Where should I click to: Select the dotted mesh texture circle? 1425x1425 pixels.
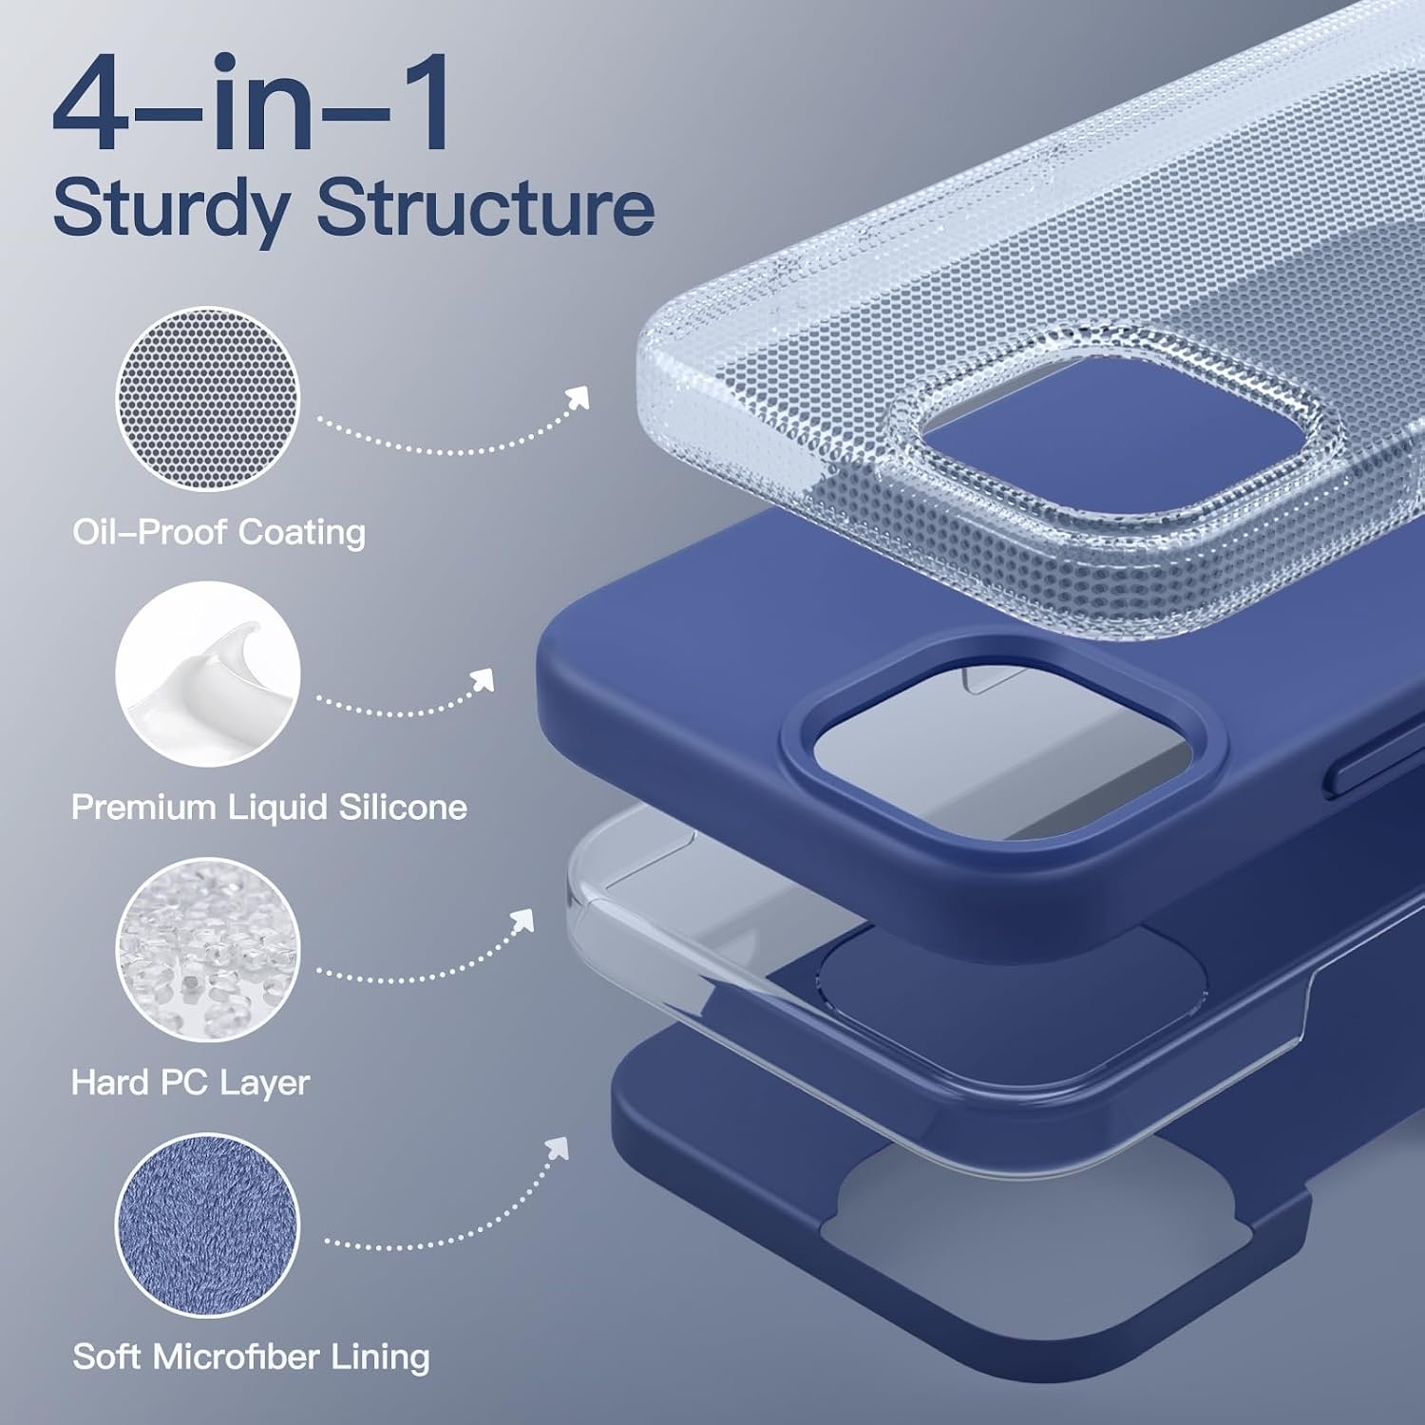click(x=208, y=399)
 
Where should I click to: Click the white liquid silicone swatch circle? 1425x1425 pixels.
click(x=208, y=674)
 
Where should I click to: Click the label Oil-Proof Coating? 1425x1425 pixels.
click(x=218, y=532)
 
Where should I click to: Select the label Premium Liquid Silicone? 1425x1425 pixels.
click(x=269, y=807)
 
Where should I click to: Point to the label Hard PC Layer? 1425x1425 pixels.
click(x=190, y=1083)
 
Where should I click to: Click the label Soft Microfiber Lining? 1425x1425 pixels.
click(x=251, y=1357)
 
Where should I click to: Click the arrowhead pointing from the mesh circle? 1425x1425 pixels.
click(x=578, y=399)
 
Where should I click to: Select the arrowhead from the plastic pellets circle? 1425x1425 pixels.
click(x=522, y=920)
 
